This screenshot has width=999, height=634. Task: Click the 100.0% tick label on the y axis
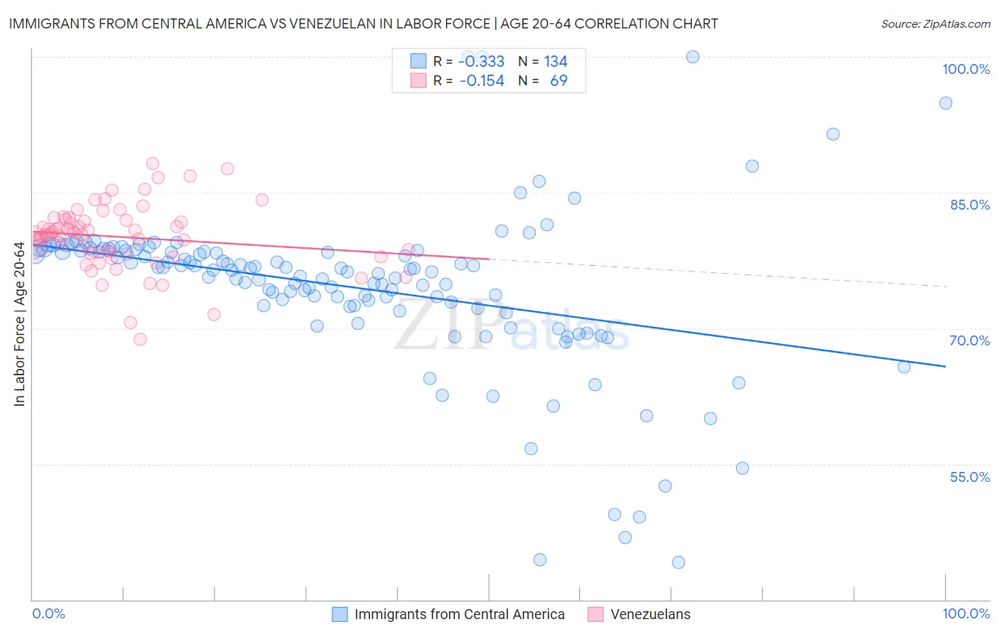point(966,69)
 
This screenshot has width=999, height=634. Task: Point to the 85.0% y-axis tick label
point(970,205)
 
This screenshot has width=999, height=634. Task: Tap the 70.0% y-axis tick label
point(970,340)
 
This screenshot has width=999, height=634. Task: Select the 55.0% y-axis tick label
point(970,477)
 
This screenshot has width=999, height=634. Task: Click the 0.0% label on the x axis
point(48,613)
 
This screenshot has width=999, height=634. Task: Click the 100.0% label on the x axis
point(966,613)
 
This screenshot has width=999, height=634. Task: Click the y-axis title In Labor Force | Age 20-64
point(19,324)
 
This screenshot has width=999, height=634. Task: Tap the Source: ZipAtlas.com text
point(935,23)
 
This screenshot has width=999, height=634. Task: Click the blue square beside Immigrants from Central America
point(340,614)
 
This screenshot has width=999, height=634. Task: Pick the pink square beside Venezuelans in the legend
point(595,614)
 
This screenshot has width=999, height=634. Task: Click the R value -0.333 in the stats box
point(481,62)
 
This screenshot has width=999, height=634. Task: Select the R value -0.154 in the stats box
point(481,81)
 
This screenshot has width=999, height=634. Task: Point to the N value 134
point(556,62)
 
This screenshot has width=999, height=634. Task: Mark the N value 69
point(558,81)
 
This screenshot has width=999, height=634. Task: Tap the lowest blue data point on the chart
point(678,562)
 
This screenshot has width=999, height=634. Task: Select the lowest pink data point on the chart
point(140,339)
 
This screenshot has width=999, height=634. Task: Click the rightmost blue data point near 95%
point(945,103)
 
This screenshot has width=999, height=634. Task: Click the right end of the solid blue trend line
point(945,366)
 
